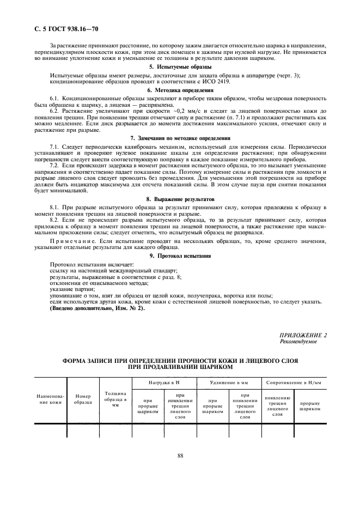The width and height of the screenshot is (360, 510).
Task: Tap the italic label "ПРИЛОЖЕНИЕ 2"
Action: [303, 335]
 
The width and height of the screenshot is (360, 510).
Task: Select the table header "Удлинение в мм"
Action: [229, 384]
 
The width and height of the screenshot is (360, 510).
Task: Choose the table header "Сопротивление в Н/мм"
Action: [294, 384]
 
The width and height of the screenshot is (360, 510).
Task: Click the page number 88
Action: [180, 456]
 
